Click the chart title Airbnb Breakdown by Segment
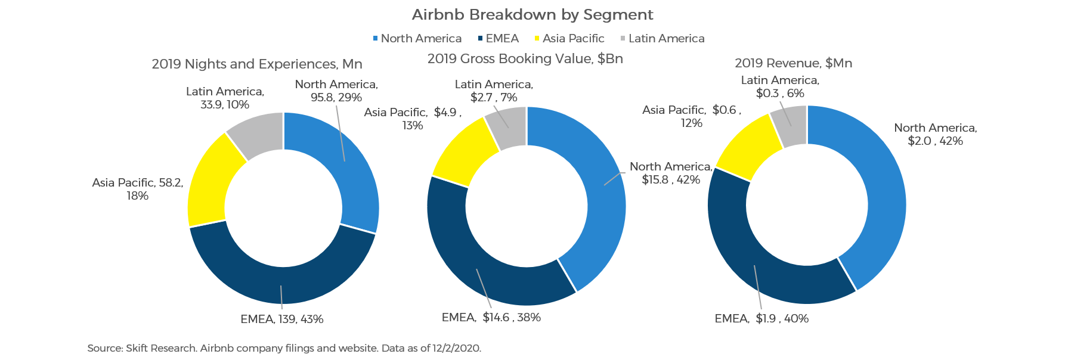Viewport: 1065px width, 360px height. tap(532, 14)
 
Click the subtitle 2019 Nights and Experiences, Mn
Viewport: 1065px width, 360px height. tap(256, 64)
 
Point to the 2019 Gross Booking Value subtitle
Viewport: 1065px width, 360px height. tap(525, 58)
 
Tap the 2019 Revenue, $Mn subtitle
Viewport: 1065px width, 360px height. tap(793, 63)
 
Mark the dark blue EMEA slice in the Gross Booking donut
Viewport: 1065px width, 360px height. tap(471, 256)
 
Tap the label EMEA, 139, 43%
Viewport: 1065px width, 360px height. tap(281, 319)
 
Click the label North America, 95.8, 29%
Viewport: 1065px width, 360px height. tap(336, 91)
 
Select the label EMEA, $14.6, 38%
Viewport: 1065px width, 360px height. tap(491, 317)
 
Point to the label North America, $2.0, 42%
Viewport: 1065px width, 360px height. tap(935, 134)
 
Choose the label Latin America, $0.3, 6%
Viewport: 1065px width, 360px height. tap(780, 86)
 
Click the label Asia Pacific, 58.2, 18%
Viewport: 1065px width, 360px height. tap(137, 189)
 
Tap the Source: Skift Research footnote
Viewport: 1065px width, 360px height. tap(284, 348)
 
